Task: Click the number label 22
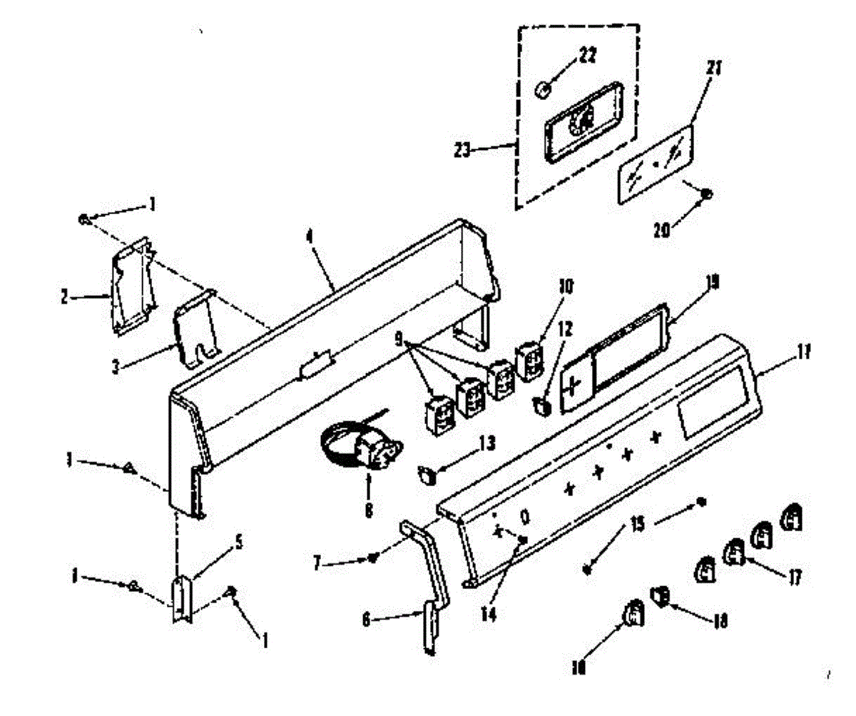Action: (x=588, y=55)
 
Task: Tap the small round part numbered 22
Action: (x=544, y=90)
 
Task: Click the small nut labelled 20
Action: (x=706, y=193)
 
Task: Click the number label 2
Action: (x=66, y=297)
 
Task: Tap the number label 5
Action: (x=238, y=543)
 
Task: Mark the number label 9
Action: (x=399, y=335)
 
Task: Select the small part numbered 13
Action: (x=427, y=473)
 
